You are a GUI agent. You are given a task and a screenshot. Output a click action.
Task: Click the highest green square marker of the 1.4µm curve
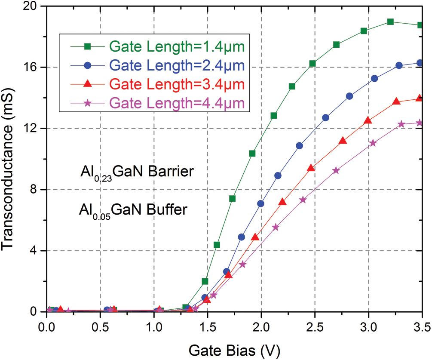(390, 22)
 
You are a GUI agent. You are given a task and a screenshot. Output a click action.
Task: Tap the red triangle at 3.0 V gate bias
(368, 120)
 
